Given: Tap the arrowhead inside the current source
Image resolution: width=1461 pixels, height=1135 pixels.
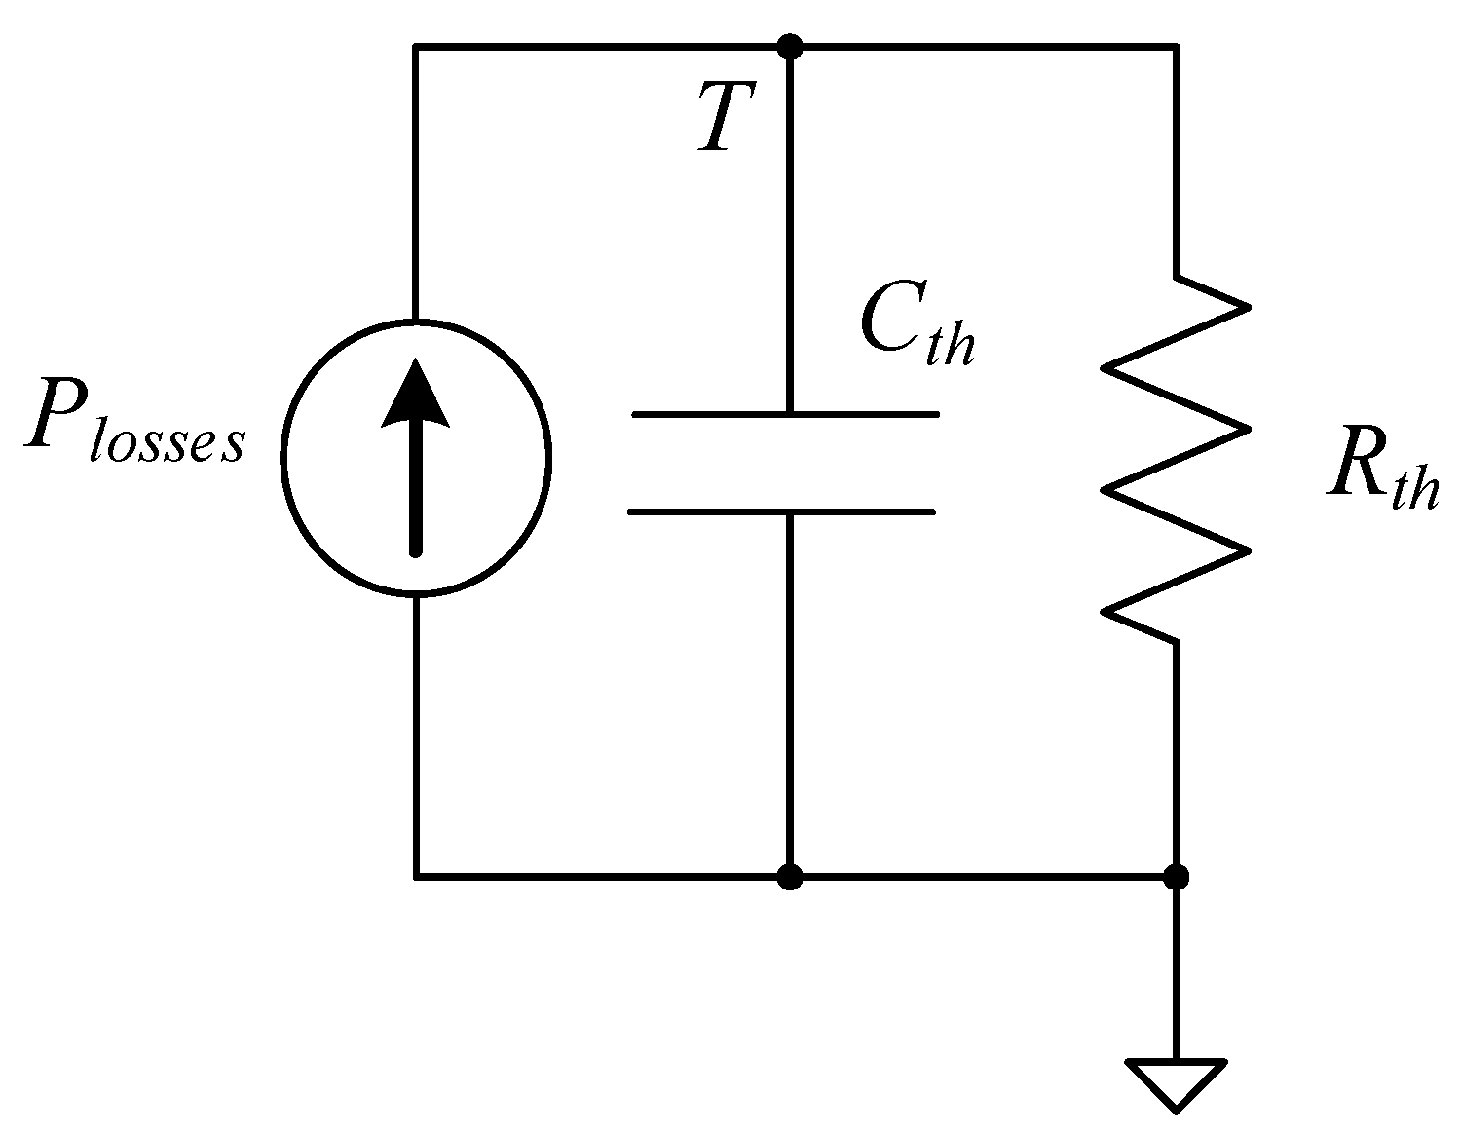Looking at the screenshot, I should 416,395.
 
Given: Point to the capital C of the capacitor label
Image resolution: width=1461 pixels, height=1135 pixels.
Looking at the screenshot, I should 885,322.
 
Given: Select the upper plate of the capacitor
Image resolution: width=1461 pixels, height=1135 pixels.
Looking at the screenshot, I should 785,415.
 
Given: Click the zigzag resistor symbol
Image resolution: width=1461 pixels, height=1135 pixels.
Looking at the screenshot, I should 1177,458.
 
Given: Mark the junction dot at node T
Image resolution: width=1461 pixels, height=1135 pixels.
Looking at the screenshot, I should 790,46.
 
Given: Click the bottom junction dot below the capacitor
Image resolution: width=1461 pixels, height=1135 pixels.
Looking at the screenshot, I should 790,877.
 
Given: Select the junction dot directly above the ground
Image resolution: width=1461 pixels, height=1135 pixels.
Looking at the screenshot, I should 1177,877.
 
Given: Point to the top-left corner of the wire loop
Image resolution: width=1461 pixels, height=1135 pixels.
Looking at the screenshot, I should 416,46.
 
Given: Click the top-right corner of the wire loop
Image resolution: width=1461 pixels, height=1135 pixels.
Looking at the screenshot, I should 1177,46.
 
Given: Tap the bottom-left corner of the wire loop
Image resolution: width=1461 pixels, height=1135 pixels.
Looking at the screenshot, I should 416,877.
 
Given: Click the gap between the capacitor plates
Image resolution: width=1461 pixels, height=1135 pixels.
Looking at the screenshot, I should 784,463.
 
